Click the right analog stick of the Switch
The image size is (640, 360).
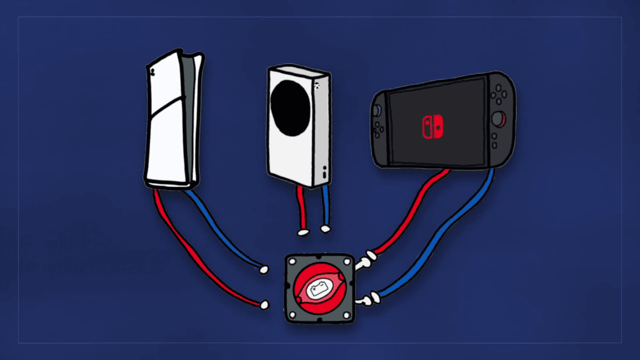pos(498,118)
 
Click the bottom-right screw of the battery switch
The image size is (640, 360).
pos(347,316)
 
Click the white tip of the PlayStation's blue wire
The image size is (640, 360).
pos(264,270)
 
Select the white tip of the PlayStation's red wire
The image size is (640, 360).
pos(264,305)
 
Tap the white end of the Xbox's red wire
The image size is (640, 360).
pos(303,232)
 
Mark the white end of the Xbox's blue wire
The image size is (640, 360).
pos(325,229)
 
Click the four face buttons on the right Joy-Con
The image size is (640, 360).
pos(498,96)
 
